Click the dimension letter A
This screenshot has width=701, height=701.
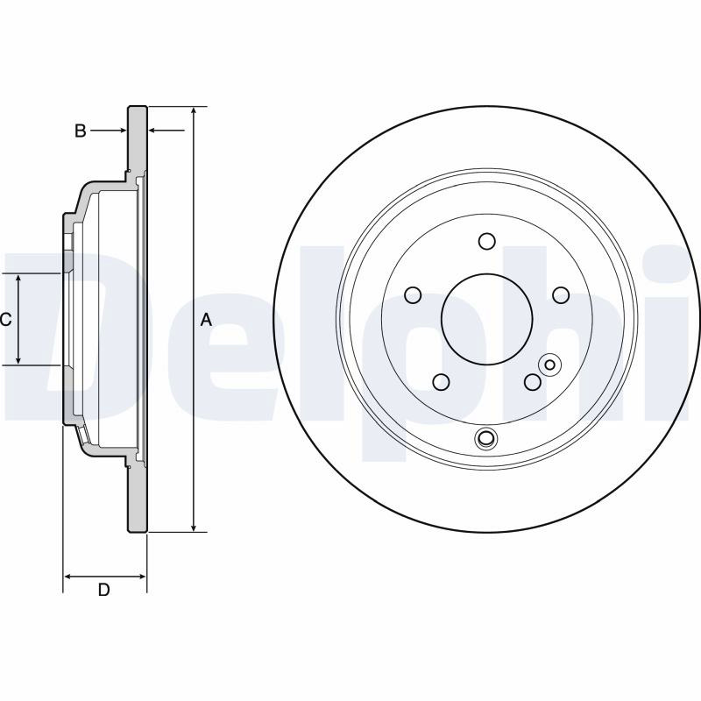point(206,320)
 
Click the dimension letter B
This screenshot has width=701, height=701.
point(80,131)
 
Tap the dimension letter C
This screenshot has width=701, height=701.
point(6,320)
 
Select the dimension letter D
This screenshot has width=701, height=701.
point(103,590)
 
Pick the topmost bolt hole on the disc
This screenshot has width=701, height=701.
point(486,242)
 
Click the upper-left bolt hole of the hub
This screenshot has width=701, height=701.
point(413,295)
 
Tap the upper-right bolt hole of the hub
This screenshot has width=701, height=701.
point(561,295)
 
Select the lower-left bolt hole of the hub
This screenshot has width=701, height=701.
point(441,382)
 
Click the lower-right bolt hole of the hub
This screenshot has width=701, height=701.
point(533,382)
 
